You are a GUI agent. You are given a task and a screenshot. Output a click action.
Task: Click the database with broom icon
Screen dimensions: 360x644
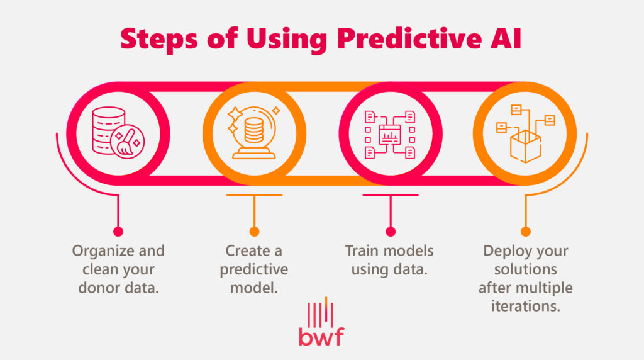point(118,133)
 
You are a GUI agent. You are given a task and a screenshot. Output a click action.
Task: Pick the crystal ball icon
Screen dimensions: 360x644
point(254,133)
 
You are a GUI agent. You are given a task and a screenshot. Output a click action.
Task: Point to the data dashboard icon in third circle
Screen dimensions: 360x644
point(390,133)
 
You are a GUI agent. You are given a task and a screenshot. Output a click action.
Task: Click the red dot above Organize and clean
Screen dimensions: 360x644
point(118,231)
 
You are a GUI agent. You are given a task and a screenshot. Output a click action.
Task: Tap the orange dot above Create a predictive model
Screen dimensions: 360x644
point(254,231)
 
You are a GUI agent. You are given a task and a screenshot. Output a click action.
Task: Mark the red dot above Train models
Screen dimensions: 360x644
point(390,231)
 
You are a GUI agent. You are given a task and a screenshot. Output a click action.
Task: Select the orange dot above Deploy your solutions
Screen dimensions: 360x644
point(525,231)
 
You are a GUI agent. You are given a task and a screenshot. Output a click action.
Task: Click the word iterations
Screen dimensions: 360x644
point(525,308)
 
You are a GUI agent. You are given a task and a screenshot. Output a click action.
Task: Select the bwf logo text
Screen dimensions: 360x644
point(321,336)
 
